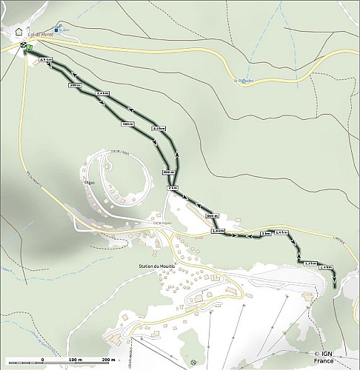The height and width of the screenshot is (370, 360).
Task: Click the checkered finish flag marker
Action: pos(24,46)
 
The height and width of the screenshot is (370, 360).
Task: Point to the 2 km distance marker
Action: pos(173,189)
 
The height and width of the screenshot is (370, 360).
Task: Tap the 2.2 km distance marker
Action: pos(158,129)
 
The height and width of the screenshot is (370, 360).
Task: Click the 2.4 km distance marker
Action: pos(103,93)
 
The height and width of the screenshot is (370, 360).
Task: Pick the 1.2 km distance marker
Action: pos(310,263)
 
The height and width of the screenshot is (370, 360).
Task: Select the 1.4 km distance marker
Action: pos(326,267)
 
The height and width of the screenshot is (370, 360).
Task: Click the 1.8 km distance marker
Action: pos(218,231)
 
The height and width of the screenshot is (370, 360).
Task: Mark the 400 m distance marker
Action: pos(127,124)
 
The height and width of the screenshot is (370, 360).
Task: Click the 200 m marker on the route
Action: pos(74,86)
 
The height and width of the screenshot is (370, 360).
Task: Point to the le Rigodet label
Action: pos(242,80)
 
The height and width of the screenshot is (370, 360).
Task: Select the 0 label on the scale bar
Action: pos(42,359)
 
